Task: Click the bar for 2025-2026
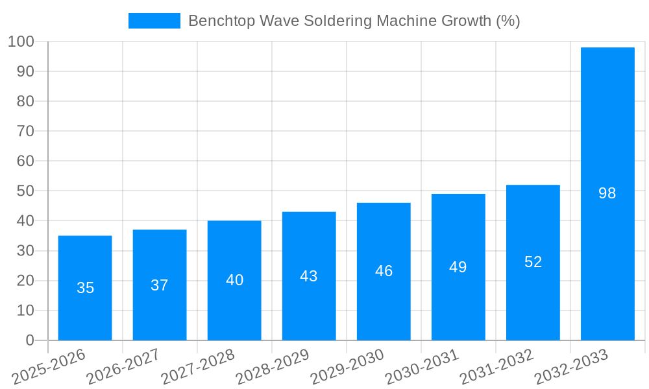tap(85, 288)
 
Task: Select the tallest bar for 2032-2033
tap(607, 194)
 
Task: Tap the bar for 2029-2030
tap(384, 272)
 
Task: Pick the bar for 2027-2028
tap(234, 280)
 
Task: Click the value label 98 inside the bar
tap(607, 193)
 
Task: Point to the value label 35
tap(85, 288)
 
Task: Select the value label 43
tap(309, 276)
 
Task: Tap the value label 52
tap(533, 262)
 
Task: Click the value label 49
tap(458, 267)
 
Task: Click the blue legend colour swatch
tap(154, 21)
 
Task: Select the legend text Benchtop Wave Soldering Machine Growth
tap(354, 21)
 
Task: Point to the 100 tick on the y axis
tap(21, 41)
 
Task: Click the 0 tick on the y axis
tap(29, 340)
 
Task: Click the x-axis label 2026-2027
tap(123, 367)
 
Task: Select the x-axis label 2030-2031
tap(422, 367)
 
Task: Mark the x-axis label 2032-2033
tap(571, 367)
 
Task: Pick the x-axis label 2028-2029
tap(273, 367)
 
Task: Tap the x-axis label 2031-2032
tap(496, 367)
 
